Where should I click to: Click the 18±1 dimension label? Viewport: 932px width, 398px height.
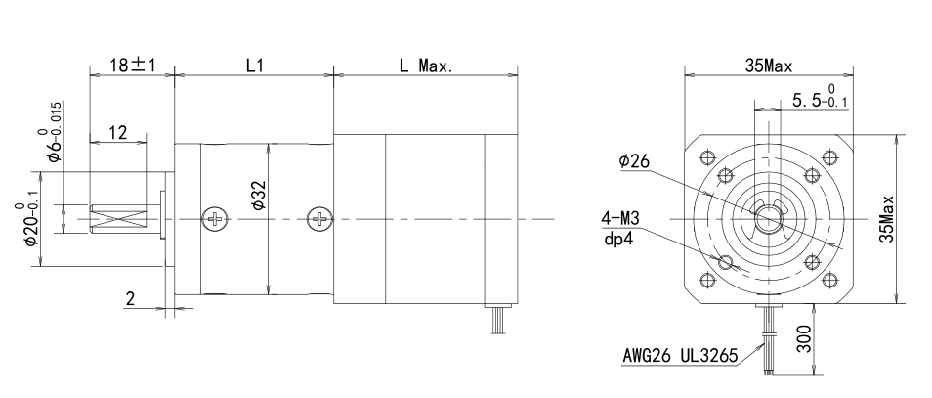[x=132, y=65]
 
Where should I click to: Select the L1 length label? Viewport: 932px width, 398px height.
[x=254, y=66]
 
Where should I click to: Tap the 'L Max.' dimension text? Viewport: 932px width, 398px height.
[x=426, y=66]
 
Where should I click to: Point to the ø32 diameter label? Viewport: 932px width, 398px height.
[x=258, y=196]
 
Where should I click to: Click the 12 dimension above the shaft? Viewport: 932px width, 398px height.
[x=118, y=133]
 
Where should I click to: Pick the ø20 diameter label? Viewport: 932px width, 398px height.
[x=27, y=224]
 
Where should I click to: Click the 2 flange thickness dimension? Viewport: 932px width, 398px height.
[x=130, y=298]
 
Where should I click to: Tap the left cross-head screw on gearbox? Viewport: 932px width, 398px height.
[x=215, y=219]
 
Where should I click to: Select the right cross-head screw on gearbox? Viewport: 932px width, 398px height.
[x=319, y=219]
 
